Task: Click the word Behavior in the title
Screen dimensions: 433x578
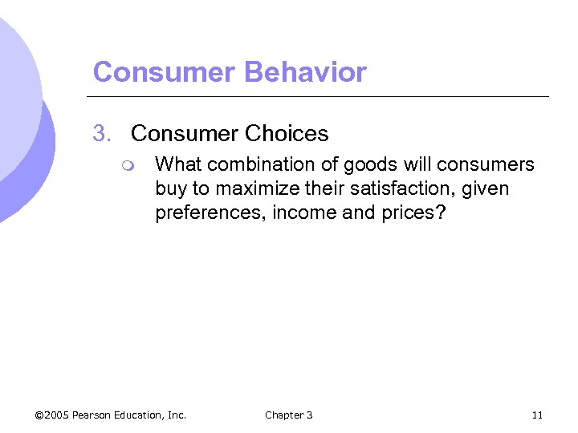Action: (305, 72)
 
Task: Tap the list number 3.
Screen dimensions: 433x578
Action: (101, 132)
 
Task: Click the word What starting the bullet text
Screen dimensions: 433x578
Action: (178, 164)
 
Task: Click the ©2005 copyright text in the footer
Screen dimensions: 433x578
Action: (52, 415)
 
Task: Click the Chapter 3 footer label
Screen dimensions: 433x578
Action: (289, 415)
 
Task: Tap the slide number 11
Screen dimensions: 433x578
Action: (537, 415)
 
